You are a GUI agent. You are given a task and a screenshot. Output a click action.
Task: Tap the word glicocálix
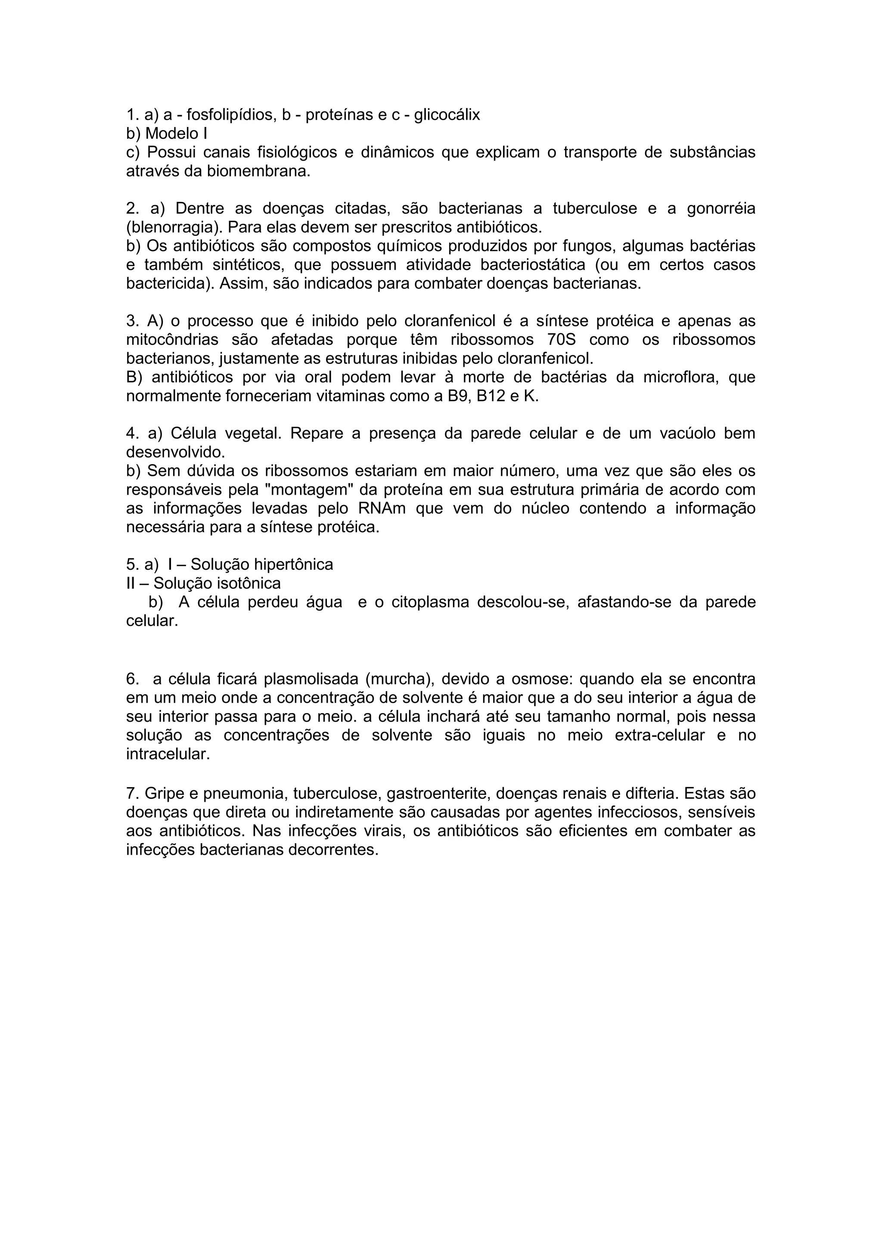point(447,115)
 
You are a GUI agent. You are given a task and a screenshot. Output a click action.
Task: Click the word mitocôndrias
point(172,340)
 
